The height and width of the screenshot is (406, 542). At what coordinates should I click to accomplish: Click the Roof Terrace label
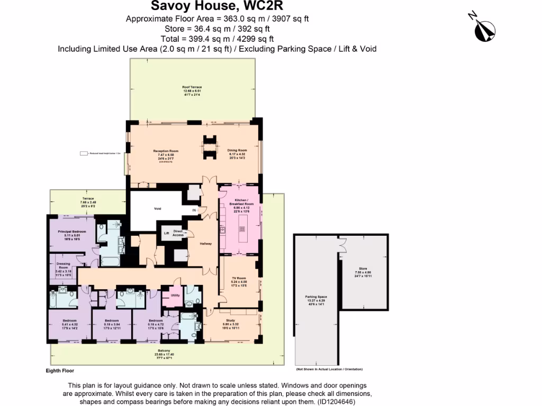[192, 87]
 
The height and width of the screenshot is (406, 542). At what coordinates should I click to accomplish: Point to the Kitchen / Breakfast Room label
[241, 202]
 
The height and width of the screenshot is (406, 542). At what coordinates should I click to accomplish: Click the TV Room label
[239, 278]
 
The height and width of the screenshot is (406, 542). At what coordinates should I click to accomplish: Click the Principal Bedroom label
[72, 232]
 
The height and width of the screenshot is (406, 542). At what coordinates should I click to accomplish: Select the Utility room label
[175, 296]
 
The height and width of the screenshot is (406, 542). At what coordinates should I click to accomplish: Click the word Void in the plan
[157, 209]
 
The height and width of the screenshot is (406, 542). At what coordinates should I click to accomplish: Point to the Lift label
[166, 233]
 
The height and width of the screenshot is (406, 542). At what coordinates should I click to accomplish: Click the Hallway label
[205, 244]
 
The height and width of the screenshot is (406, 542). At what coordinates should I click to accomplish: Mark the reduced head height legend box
[83, 153]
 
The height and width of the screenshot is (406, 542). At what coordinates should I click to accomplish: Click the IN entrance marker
[194, 210]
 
